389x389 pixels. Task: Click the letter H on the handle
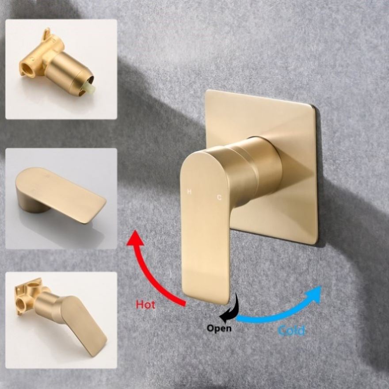[189, 191]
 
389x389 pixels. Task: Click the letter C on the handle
[219, 198]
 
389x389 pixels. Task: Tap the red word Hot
[145, 305]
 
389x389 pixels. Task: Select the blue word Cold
[291, 331]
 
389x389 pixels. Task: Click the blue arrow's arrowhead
[313, 295]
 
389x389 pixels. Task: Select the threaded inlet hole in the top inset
[26, 68]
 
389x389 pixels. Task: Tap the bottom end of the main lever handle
[206, 301]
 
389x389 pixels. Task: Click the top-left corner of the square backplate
[206, 91]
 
